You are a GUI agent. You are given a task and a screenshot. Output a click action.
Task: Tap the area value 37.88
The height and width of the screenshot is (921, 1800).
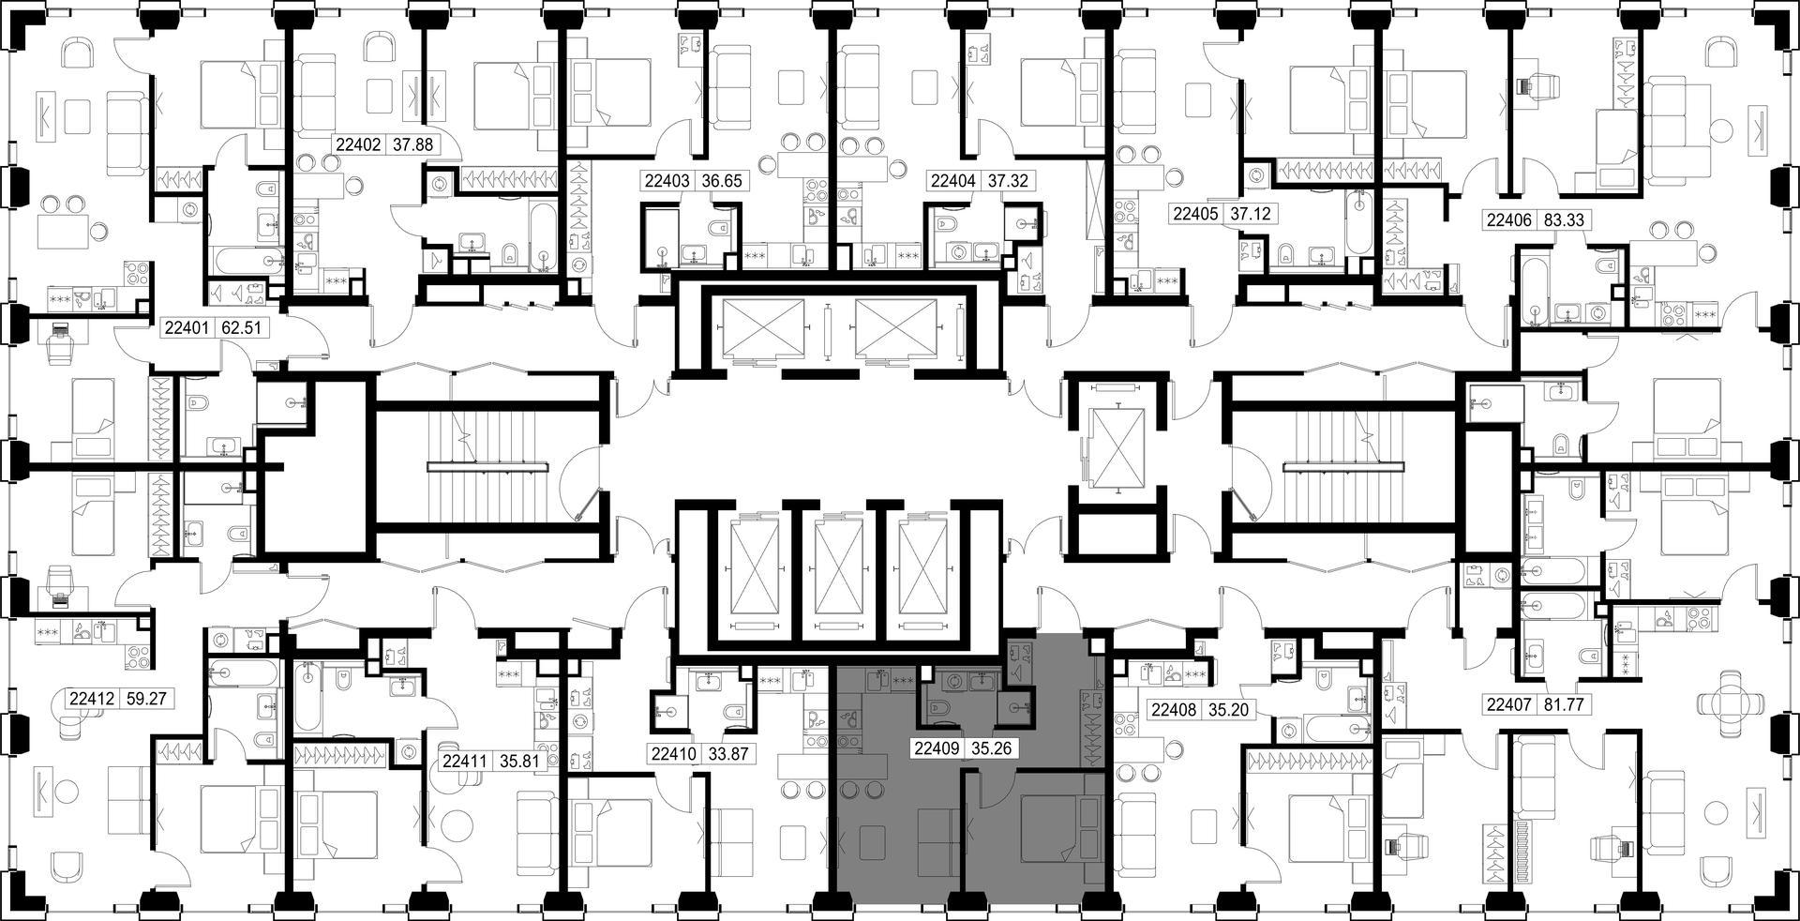412,144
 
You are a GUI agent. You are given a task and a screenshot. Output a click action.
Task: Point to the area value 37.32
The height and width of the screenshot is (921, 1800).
1007,181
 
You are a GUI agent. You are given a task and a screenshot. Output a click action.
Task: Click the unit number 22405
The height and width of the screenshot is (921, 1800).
1196,214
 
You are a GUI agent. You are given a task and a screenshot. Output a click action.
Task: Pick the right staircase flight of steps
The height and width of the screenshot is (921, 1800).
1343,466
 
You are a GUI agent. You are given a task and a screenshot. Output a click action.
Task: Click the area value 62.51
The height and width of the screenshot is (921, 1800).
241,328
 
